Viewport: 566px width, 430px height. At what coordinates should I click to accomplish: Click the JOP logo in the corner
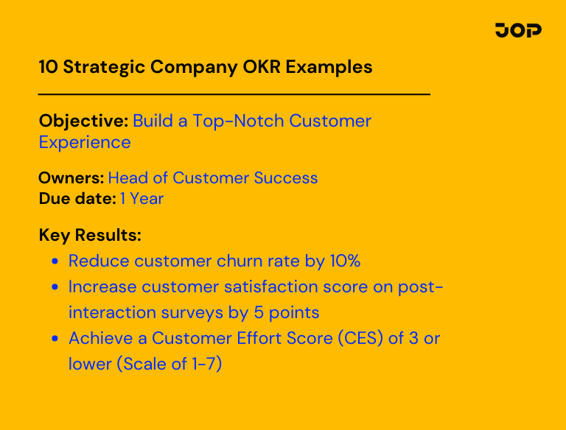pyautogui.click(x=518, y=30)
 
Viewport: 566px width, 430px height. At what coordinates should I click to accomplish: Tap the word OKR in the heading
pyautogui.click(x=261, y=67)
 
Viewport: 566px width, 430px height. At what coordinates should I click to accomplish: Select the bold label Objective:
pyautogui.click(x=83, y=121)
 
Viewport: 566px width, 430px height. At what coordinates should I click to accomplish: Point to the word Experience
pyautogui.click(x=85, y=142)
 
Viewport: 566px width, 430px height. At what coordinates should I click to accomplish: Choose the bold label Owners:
pyautogui.click(x=71, y=178)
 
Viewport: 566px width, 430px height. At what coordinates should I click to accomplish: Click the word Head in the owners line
pyautogui.click(x=127, y=178)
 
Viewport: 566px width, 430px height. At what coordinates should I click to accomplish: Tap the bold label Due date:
pyautogui.click(x=77, y=199)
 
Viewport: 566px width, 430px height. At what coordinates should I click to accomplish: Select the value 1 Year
pyautogui.click(x=141, y=199)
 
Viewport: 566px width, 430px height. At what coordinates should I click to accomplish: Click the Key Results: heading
pyautogui.click(x=90, y=236)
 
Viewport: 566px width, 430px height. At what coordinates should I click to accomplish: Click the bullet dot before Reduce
pyautogui.click(x=55, y=261)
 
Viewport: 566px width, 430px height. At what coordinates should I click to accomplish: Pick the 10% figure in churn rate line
pyautogui.click(x=343, y=261)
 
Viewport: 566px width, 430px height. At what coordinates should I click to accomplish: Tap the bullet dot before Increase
pyautogui.click(x=55, y=287)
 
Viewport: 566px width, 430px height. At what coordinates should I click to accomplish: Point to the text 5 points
pyautogui.click(x=287, y=312)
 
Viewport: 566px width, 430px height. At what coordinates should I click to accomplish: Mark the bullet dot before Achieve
pyautogui.click(x=55, y=339)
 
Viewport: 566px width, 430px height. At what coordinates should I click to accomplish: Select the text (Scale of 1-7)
pyautogui.click(x=166, y=364)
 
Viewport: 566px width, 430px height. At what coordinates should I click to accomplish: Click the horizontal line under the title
pyautogui.click(x=234, y=94)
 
